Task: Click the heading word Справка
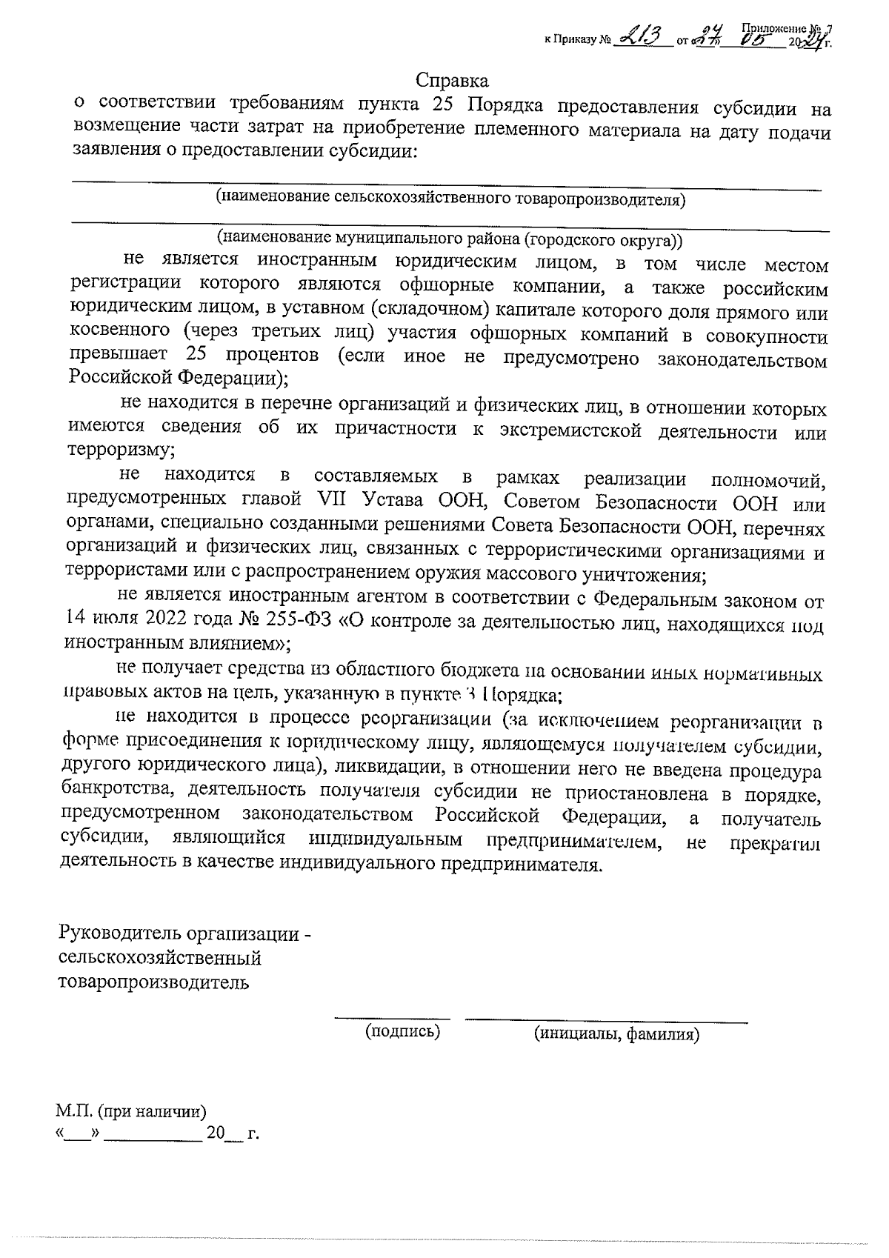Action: (452, 80)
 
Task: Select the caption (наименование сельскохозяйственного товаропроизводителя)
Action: (450, 199)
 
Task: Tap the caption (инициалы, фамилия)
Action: (616, 1034)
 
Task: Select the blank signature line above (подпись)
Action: (393, 1019)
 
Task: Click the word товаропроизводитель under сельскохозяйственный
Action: (154, 983)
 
